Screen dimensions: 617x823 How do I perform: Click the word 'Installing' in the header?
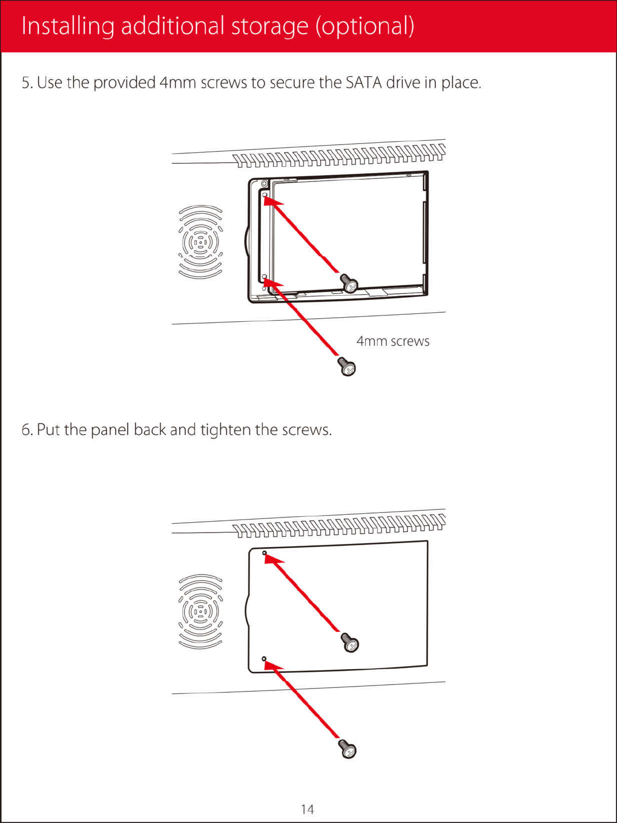tap(67, 26)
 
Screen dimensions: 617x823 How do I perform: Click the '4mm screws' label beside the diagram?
tap(393, 341)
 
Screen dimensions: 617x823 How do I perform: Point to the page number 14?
tap(307, 809)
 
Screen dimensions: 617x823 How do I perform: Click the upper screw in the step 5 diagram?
tap(349, 283)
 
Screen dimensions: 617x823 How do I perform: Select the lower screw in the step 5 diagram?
tap(347, 366)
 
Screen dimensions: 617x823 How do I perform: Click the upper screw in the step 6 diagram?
tap(350, 642)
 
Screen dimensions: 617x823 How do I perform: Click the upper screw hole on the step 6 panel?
tap(265, 553)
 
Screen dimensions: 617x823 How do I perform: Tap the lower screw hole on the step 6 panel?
tap(264, 659)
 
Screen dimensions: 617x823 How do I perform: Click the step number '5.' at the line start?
tap(27, 83)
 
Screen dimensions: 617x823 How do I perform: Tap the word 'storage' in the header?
tap(269, 26)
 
